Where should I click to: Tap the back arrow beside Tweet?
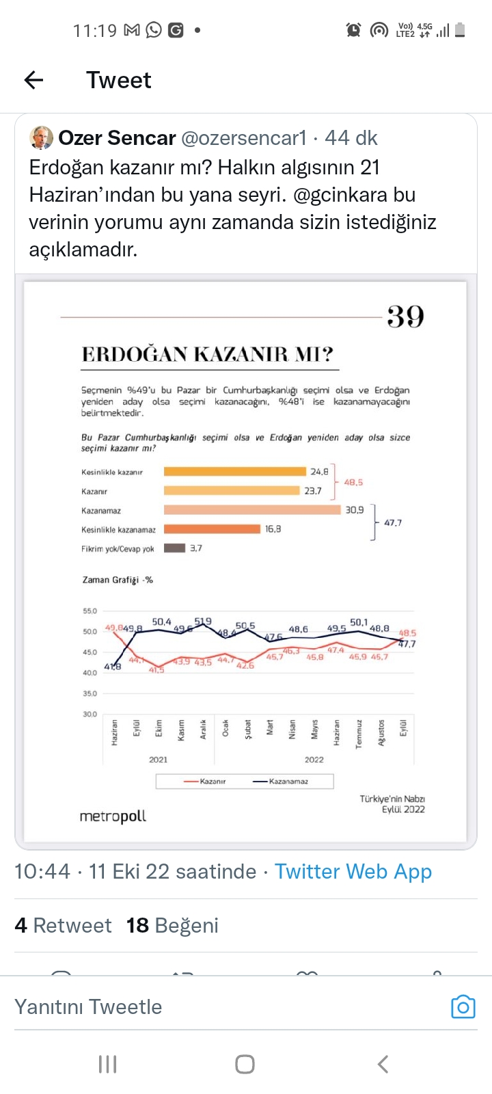point(33,80)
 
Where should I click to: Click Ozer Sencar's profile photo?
point(42,137)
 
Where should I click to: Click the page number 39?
point(405,317)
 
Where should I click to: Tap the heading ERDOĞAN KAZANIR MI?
point(208,354)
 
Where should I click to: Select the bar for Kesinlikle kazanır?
point(234,471)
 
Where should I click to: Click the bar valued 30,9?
point(251,509)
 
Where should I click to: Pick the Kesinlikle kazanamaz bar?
point(212,529)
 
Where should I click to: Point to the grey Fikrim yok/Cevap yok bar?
point(174,548)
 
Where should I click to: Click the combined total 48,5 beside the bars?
point(353,482)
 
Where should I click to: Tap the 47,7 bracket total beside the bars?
point(393,522)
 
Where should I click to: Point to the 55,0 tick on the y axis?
point(90,611)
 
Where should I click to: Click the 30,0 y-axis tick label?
point(90,714)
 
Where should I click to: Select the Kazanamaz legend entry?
point(281,781)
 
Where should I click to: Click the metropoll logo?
point(113,816)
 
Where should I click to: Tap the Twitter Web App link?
point(353,871)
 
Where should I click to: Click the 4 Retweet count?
point(63,925)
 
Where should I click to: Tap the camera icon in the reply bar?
point(463,1006)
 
